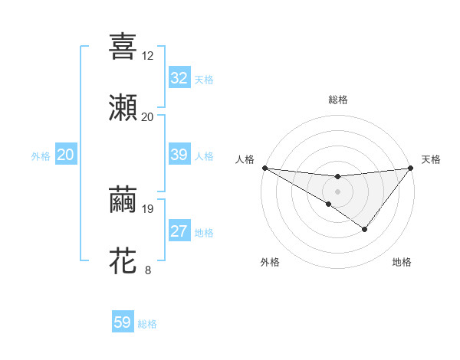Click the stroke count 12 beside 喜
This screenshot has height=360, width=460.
point(147,56)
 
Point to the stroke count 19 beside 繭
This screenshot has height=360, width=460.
point(147,208)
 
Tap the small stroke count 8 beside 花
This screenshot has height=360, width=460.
point(147,270)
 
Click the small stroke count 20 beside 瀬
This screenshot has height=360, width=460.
point(147,117)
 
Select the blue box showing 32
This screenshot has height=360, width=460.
point(179,78)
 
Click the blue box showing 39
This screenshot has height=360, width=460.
point(179,155)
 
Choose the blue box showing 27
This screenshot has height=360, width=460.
point(179,231)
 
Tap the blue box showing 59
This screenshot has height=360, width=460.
point(123,322)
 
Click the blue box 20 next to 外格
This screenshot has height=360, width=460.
point(65,155)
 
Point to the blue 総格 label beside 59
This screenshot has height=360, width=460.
point(147,324)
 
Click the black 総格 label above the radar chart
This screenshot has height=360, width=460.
point(338,100)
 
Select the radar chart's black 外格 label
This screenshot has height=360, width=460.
point(270,262)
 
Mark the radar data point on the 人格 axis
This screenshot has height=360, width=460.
point(264,167)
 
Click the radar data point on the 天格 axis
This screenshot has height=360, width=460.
point(411,169)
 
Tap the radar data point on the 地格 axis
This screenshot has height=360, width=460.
point(365,229)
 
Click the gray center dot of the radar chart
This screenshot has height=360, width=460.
point(337,191)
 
